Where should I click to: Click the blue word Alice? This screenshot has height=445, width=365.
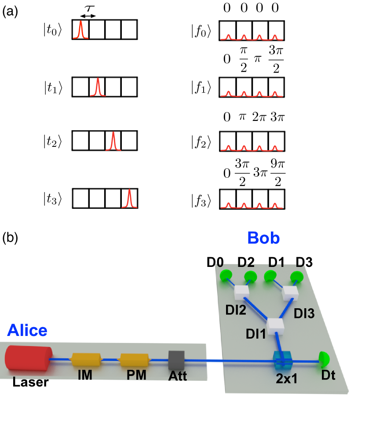[x=27, y=330]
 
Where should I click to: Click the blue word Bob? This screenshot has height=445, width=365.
[x=263, y=237]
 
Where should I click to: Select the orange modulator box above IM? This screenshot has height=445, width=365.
[x=86, y=360]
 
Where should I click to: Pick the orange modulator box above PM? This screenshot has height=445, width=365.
[x=135, y=360]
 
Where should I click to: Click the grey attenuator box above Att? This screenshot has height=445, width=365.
[x=176, y=360]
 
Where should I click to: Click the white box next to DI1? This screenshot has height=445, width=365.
[x=276, y=325]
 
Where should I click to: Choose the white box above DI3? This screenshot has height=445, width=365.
[x=290, y=292]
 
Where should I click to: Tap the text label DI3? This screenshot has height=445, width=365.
[x=304, y=314]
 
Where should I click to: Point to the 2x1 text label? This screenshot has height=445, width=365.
[x=287, y=378]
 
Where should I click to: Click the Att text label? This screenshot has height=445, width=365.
[x=178, y=376]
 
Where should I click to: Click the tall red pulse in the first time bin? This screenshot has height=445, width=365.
[x=80, y=30]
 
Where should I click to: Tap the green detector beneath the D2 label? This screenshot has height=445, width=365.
[x=250, y=277]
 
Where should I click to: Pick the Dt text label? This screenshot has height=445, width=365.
[x=328, y=375]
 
